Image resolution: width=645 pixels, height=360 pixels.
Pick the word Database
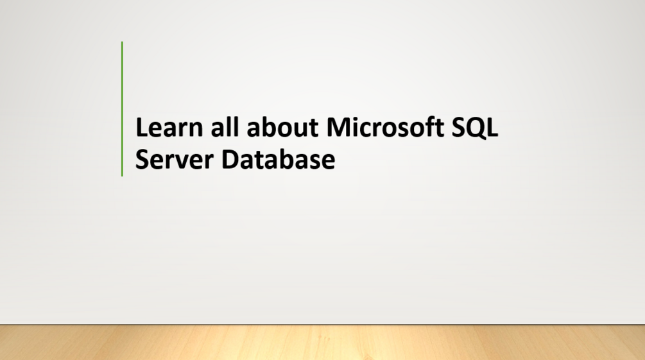click(x=278, y=159)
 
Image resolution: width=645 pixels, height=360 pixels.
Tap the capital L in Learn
click(x=141, y=128)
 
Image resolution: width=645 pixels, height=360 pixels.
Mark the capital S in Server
click(x=142, y=159)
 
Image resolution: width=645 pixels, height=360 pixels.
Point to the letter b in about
click(x=268, y=128)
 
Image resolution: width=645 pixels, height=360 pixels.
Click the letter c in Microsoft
click(x=367, y=129)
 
